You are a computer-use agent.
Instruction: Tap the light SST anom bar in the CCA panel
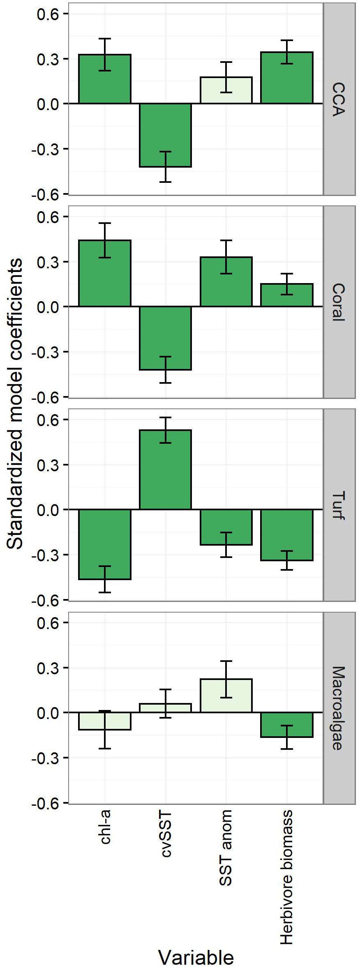(x=226, y=90)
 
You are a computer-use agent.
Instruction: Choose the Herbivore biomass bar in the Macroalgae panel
(x=287, y=725)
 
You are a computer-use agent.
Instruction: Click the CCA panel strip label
(x=339, y=99)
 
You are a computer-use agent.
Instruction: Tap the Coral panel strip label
(x=339, y=302)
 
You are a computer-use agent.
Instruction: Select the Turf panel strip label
(x=339, y=505)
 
